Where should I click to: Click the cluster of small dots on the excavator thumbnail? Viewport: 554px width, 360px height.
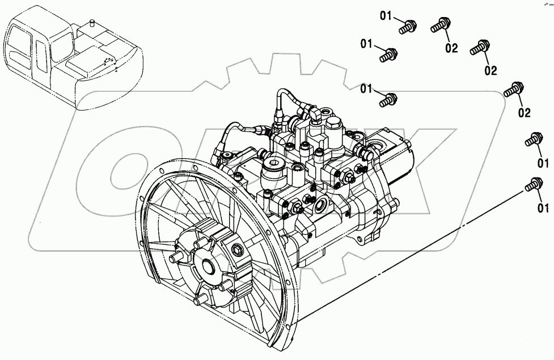[109, 63]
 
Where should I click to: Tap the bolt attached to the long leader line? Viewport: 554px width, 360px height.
[532, 184]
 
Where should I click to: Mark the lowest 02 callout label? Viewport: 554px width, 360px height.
[523, 113]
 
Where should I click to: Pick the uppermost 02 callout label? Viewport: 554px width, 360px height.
[451, 48]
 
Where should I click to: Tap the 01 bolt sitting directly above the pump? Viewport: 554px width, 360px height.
[389, 100]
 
